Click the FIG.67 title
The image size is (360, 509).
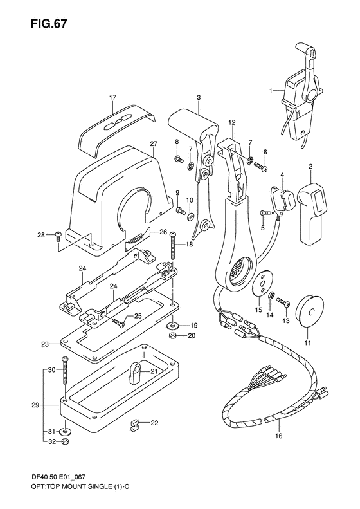pos(50,23)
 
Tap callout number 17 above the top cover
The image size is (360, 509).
pos(113,97)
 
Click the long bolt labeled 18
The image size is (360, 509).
pos(173,245)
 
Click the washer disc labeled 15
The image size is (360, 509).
pos(263,282)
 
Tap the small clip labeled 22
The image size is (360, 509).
pos(134,425)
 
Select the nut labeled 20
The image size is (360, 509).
pos(172,336)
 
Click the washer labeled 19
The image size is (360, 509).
pos(173,325)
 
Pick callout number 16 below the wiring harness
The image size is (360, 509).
pos(279,436)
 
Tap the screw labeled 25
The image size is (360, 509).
pos(118,322)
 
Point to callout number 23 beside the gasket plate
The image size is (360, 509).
pos(45,344)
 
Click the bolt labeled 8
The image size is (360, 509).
pos(179,159)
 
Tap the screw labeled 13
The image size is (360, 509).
pos(283,302)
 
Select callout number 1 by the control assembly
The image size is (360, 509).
pos(271,91)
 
